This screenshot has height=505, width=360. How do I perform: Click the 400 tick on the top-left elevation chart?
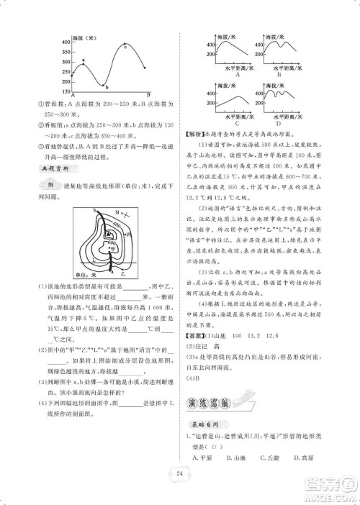[66, 42]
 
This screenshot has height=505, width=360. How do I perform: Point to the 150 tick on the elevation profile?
[66, 93]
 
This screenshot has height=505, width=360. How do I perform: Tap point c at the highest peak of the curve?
[125, 47]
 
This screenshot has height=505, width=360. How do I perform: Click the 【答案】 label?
[199, 335]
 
